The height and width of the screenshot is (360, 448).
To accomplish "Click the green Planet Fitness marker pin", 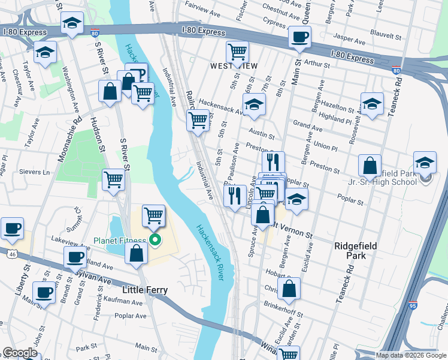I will [x=155, y=241].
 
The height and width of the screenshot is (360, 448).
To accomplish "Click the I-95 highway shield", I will [x=413, y=305].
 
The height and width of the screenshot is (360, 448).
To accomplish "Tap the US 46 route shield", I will [x=11, y=254].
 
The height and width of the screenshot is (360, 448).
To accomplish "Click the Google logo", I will [x=20, y=353].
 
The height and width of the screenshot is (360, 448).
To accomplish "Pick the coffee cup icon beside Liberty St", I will [x=12, y=228].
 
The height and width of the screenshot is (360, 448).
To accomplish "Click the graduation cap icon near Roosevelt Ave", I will [x=372, y=103].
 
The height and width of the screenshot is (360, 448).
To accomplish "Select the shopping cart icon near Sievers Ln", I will [x=113, y=179].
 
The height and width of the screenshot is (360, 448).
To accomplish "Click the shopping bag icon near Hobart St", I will [x=289, y=289].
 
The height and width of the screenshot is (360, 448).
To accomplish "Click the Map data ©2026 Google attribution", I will [x=411, y=355].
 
